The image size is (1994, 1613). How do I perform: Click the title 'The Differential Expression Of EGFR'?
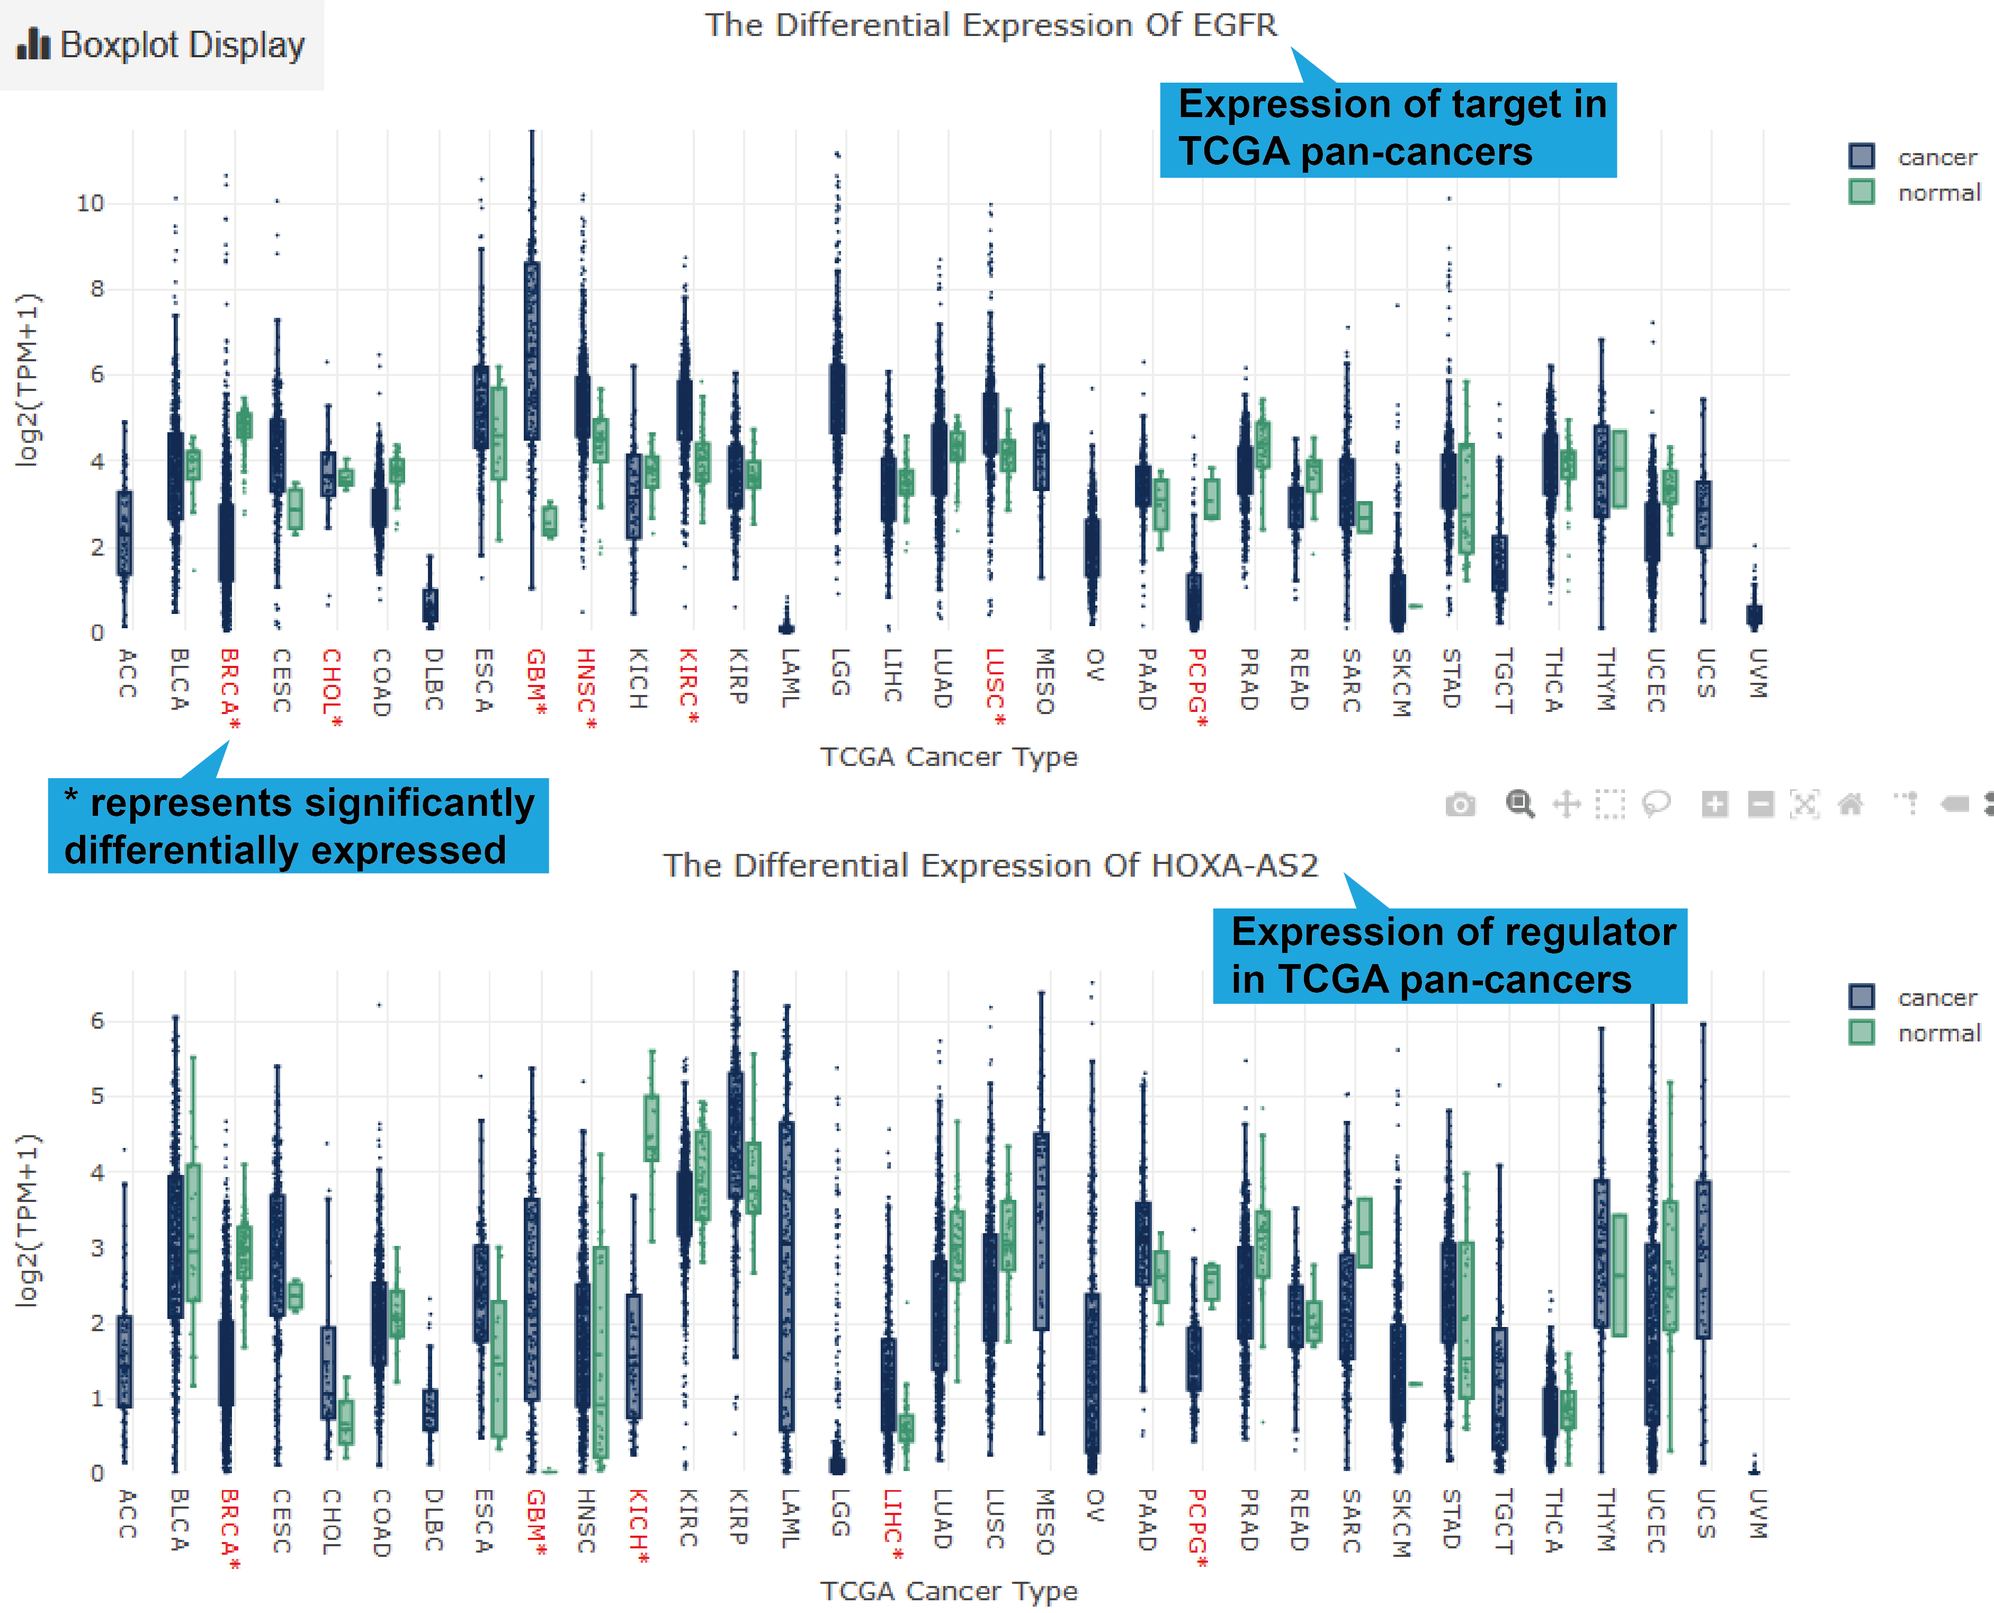tap(990, 25)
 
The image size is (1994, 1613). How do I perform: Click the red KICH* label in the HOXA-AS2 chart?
tap(638, 1526)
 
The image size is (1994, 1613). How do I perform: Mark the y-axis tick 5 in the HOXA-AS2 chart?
tap(96, 1097)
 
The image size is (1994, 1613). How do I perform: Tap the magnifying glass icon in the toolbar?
tap(1519, 804)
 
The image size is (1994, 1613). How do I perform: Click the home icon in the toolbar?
tap(1850, 804)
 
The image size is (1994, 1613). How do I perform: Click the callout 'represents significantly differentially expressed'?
tap(298, 826)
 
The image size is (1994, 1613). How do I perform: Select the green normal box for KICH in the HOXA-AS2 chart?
tap(652, 1128)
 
